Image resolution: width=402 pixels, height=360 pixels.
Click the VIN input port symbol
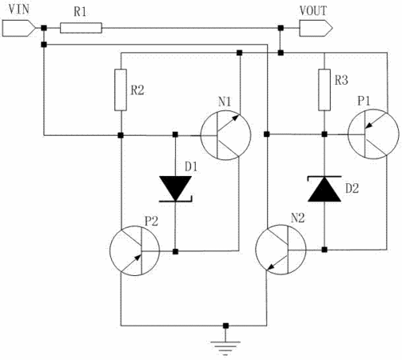[18, 28]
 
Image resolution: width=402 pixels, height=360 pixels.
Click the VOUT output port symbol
[316, 28]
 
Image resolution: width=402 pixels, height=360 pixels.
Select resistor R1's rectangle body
[81, 28]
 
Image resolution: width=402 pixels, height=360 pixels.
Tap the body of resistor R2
[121, 90]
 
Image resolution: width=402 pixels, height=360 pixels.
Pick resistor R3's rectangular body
[324, 90]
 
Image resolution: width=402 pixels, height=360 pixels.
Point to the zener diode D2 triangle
[324, 189]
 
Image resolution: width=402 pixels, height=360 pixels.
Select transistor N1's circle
[225, 135]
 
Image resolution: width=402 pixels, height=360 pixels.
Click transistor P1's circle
[373, 134]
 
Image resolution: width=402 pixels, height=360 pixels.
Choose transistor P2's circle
[135, 250]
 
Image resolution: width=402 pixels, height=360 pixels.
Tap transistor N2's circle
[281, 250]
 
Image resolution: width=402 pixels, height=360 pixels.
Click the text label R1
[80, 12]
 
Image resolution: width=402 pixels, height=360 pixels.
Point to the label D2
[352, 188]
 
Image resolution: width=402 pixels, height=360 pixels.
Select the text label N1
[225, 102]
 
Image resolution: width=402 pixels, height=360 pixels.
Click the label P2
[151, 221]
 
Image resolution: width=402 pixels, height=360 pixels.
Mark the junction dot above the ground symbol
[225, 326]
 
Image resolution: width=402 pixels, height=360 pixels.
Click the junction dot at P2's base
[175, 251]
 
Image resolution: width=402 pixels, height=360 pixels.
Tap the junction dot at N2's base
[324, 250]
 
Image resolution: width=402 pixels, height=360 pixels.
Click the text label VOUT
[313, 10]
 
